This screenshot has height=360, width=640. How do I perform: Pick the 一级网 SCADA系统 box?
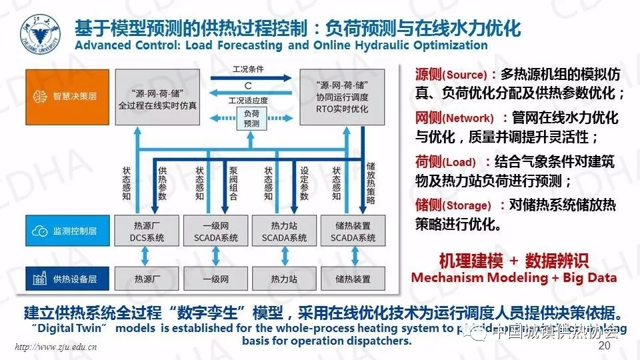click(215, 231)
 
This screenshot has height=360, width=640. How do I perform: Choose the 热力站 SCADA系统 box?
click(284, 231)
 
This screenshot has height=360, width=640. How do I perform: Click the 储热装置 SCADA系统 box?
click(353, 231)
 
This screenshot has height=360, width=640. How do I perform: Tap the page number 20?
click(605, 347)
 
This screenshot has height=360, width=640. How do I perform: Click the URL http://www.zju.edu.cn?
click(57, 347)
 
